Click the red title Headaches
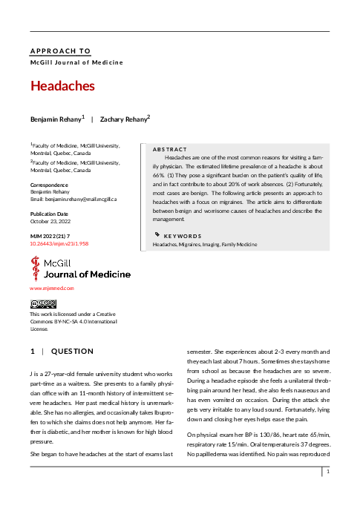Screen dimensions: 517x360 tap(62, 86)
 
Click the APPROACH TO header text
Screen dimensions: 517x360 tap(60, 51)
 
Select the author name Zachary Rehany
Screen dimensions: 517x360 tap(122, 119)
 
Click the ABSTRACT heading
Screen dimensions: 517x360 tap(169, 148)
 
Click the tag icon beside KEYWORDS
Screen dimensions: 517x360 tap(156, 234)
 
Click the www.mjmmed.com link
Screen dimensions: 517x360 tap(52, 288)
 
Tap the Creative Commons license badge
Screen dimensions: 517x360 tap(43, 303)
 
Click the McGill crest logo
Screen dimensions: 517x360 tap(35, 268)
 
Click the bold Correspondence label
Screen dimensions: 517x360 tap(49, 185)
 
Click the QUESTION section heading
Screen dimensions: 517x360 tap(72, 351)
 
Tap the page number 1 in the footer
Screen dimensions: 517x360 tap(327, 492)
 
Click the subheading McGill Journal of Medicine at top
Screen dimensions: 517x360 tap(76, 62)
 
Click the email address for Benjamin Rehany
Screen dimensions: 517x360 tap(73, 200)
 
